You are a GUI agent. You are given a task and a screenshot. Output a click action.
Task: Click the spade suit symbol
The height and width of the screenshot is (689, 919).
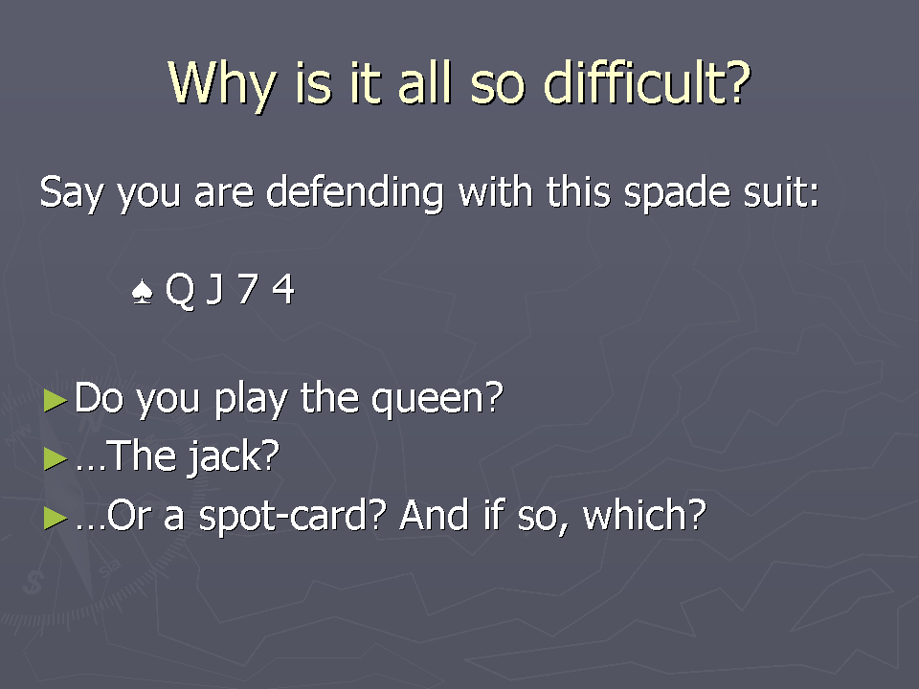click(x=143, y=291)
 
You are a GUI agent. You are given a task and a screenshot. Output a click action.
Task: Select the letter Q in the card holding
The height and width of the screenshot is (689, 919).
click(x=180, y=290)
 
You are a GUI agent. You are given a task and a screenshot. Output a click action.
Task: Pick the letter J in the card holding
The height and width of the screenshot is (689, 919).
click(x=215, y=289)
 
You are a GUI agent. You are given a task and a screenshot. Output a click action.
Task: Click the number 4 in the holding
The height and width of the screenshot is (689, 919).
click(x=283, y=288)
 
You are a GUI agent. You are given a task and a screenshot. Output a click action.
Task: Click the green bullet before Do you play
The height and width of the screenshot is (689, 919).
click(x=56, y=400)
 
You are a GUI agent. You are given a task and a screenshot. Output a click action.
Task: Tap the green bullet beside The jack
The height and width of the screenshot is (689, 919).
click(x=56, y=458)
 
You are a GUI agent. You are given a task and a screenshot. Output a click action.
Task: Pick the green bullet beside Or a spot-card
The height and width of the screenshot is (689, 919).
click(x=56, y=518)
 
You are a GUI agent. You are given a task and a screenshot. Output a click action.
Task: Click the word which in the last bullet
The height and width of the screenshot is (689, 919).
click(x=644, y=515)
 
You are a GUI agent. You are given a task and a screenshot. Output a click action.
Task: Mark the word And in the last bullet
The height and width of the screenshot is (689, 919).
click(x=435, y=515)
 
